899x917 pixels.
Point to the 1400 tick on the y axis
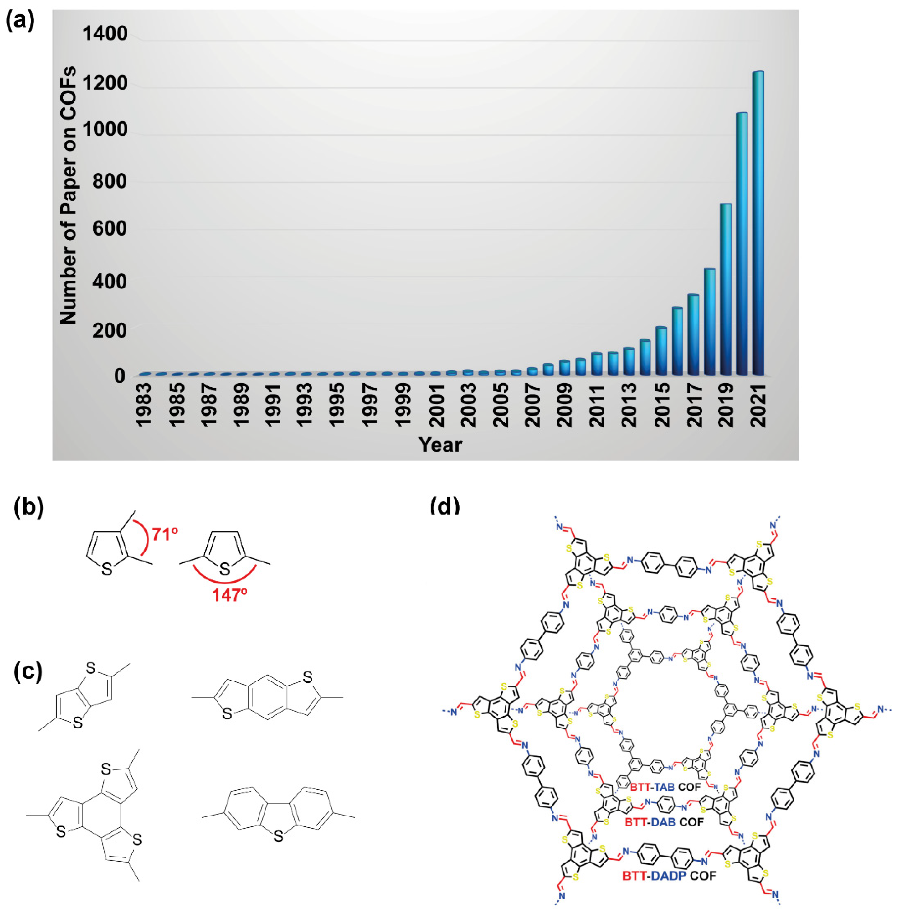point(105,34)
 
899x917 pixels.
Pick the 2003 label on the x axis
point(467,405)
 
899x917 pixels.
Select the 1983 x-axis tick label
point(144,405)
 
